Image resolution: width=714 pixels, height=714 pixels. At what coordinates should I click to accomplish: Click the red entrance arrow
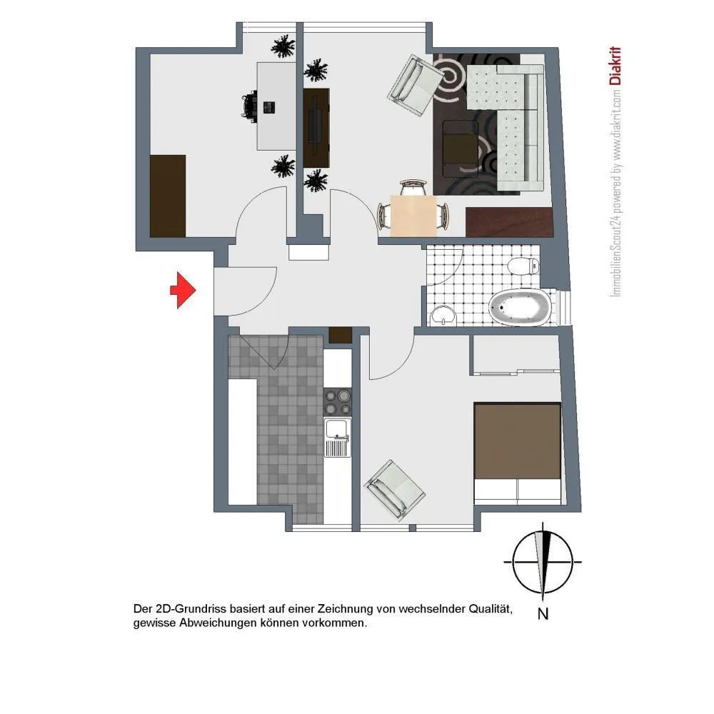click(x=183, y=291)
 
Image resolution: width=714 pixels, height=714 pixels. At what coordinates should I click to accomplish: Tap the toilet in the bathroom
click(x=523, y=266)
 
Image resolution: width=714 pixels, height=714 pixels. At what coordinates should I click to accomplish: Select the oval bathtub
click(x=520, y=308)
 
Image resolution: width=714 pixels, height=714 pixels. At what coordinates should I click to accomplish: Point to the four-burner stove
click(x=338, y=401)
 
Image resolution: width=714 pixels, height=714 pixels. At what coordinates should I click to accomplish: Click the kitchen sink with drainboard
click(x=338, y=438)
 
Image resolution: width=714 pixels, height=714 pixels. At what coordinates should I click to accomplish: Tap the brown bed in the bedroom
click(x=517, y=453)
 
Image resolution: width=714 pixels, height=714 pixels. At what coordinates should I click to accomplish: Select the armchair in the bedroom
click(x=394, y=489)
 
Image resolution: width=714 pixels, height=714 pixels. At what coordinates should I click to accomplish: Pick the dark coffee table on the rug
click(x=461, y=141)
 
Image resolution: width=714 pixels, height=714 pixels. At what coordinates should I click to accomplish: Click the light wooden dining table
click(x=413, y=216)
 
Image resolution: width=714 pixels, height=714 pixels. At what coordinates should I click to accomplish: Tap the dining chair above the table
click(x=414, y=186)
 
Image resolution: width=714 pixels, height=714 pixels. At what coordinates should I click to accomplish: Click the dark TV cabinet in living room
click(x=316, y=128)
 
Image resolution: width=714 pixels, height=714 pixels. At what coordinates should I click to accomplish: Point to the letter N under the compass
click(x=543, y=614)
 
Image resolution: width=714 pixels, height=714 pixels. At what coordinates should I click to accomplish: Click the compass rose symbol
click(x=543, y=562)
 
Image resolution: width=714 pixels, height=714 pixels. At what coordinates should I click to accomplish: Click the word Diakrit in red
click(x=615, y=66)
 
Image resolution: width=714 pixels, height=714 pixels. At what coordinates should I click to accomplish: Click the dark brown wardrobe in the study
click(x=168, y=196)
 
